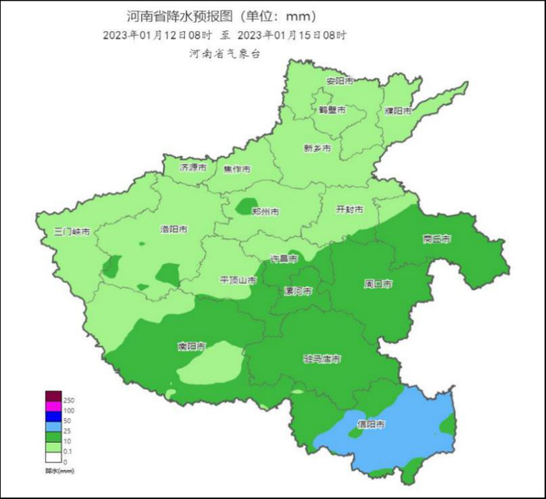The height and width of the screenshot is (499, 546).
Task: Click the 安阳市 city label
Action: pos(339,81)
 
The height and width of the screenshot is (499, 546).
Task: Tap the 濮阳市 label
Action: pos(399,111)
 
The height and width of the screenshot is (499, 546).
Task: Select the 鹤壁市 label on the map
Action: pos(331,110)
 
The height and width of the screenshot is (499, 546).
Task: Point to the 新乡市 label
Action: pos(317,148)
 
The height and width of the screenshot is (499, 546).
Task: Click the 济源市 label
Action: pos(193,168)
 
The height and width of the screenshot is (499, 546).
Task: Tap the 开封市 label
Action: pos(349,209)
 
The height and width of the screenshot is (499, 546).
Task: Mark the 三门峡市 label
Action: pos(73,232)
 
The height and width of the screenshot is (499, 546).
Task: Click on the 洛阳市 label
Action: pos(174,229)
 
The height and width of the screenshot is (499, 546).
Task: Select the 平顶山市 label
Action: pos(238,280)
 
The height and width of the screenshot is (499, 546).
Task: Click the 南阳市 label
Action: pos(192,345)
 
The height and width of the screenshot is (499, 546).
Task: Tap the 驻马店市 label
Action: pos(322,359)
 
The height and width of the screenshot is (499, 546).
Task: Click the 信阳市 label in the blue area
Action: pos(371,424)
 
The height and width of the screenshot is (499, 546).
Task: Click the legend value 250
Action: pos(69,400)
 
